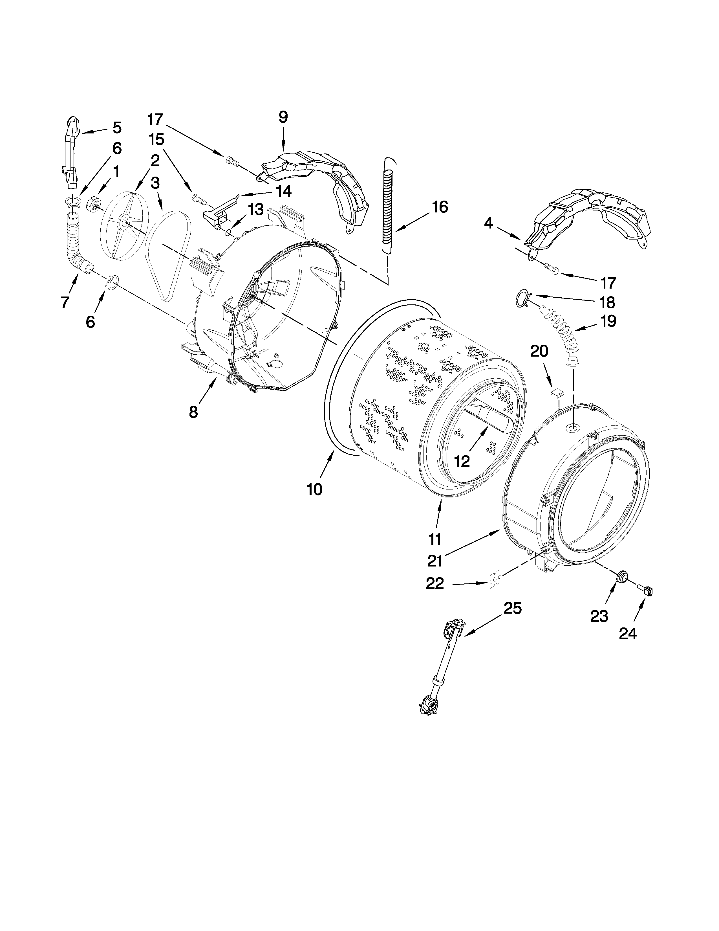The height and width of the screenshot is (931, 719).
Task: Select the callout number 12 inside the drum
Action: click(x=462, y=460)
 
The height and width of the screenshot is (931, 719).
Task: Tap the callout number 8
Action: click(x=193, y=412)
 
